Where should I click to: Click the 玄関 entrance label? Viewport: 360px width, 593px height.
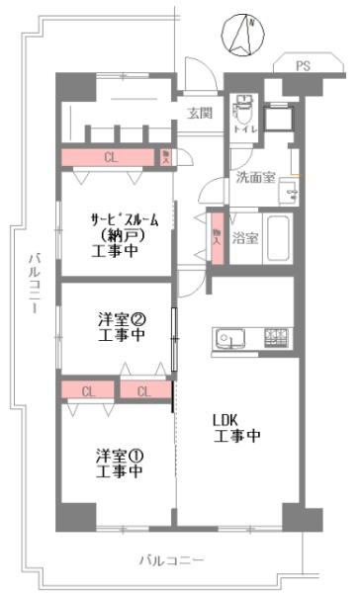coord(200,114)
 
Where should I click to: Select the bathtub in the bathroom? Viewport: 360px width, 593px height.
coord(280,237)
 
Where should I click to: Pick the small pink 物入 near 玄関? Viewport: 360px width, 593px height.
coord(166,157)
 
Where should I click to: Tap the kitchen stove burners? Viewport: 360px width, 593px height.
coord(276,339)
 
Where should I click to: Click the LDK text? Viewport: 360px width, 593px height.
coord(225,418)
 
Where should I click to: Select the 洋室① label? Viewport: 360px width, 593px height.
coord(120,456)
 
